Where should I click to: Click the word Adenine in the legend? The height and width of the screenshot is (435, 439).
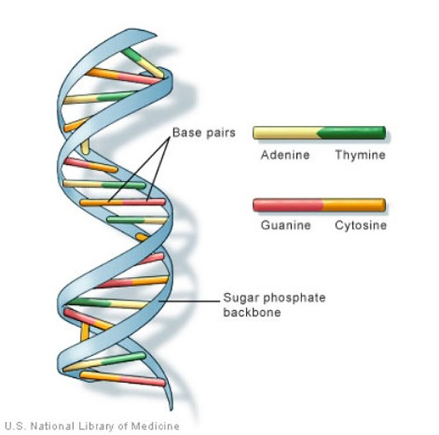coord(285,155)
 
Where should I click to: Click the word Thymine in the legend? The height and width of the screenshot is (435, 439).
coord(359,155)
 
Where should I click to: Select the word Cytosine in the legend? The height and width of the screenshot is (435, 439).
coord(360,225)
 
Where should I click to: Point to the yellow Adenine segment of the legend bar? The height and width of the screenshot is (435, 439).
coord(285,133)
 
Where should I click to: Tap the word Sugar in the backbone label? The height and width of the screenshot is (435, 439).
coord(238,299)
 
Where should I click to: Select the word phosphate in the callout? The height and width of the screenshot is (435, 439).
coord(282,299)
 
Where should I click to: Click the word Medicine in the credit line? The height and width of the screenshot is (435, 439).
coord(156,425)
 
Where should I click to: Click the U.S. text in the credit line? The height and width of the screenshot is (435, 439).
coord(15,425)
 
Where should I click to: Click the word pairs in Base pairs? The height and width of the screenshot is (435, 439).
coord(214,134)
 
